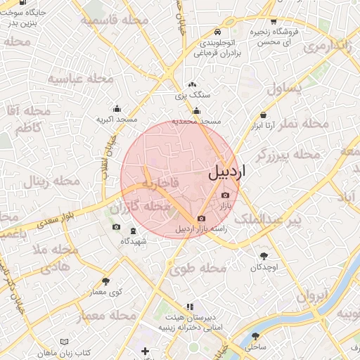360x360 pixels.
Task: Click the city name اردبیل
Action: (x=224, y=174)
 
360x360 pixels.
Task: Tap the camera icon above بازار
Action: (x=225, y=195)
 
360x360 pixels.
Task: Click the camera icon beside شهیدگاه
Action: (x=117, y=227)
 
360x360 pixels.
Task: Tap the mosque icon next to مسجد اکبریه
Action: (x=116, y=109)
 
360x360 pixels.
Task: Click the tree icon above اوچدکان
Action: (x=264, y=257)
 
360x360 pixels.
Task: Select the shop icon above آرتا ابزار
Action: (x=263, y=115)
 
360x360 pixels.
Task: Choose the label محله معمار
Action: (x=106, y=316)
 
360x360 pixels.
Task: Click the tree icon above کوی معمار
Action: (x=105, y=281)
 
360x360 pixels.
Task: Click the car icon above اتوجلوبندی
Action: (x=217, y=32)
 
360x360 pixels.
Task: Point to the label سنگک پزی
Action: (x=192, y=94)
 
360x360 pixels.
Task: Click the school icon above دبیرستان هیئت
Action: (x=189, y=307)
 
